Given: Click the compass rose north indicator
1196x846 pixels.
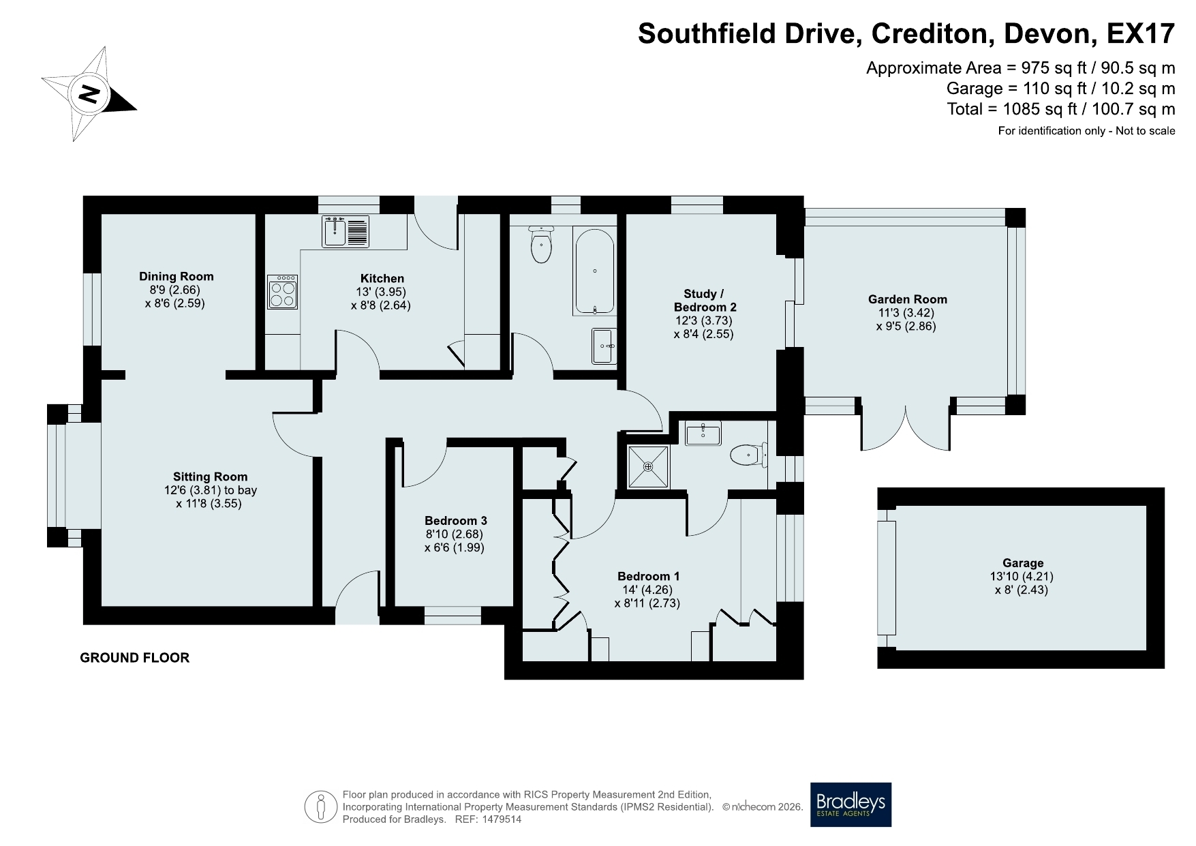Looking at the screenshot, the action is (89, 94).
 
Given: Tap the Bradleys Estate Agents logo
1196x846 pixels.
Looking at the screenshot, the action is (850, 804).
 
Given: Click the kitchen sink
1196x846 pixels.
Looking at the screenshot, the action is (346, 231).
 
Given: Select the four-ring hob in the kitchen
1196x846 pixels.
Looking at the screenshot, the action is (283, 292).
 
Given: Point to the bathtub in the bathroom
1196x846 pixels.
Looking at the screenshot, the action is (595, 271).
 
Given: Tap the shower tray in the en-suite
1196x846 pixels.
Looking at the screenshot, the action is (648, 467).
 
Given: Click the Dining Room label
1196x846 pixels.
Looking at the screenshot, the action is (177, 276).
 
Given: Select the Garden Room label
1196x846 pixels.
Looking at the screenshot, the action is (907, 299).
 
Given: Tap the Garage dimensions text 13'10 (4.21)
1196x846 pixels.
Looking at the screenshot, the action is (1022, 576).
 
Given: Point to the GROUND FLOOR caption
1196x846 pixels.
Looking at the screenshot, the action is (135, 658).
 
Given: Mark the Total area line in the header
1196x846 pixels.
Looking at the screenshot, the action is (1061, 108).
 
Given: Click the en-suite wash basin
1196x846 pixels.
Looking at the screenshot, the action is (702, 434).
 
